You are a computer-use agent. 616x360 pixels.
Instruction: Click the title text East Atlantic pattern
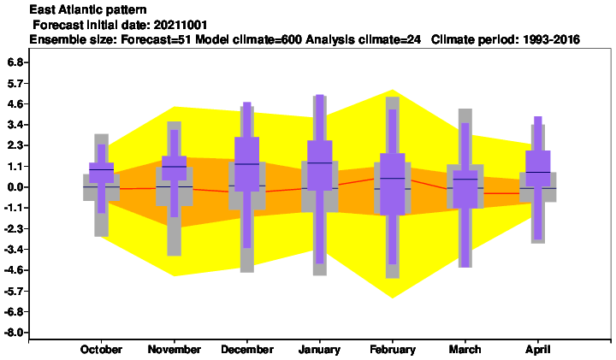coord(88,9)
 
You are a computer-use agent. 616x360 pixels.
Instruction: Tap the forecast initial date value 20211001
coord(181,25)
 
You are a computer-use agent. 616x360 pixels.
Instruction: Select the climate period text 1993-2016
coord(552,39)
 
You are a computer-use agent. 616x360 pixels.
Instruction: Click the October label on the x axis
coord(101,350)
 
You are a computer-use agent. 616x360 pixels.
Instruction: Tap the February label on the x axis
coord(393,350)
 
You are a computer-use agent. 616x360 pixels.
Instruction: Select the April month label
coord(538,350)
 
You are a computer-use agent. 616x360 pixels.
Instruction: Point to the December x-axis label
coord(247,350)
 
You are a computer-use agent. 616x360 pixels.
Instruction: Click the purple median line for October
coord(101,169)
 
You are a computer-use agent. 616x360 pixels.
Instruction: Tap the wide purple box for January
coord(320,165)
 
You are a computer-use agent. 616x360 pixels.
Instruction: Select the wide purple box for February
coord(393,184)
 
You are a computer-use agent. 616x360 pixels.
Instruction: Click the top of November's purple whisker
coord(174,130)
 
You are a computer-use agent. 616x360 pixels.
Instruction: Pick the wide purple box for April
coord(538,168)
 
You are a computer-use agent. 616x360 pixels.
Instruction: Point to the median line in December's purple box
coord(247,163)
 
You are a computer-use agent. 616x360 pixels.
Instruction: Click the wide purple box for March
coord(465,189)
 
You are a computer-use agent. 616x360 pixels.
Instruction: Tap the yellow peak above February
coord(393,91)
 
